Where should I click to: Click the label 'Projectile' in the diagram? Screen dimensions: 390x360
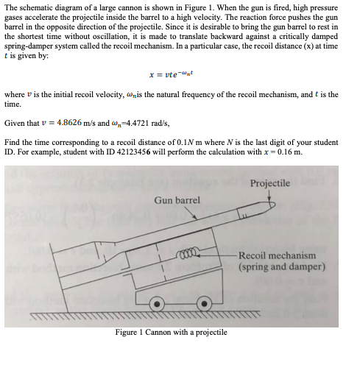[x=270, y=183]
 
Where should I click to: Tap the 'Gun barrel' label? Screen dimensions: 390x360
[x=177, y=201]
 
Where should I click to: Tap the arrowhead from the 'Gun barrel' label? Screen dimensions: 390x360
[x=194, y=218]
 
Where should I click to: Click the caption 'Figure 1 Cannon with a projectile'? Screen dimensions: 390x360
[x=171, y=333]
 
